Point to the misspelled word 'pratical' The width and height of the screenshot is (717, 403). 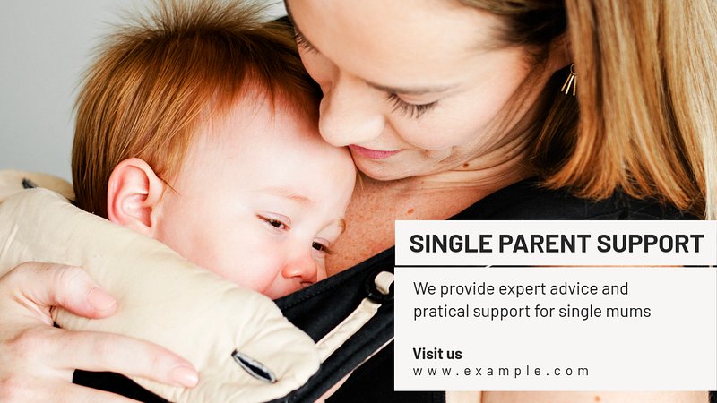pos(441,312)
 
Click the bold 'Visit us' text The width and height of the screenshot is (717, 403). pos(437,354)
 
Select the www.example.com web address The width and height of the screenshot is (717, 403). pos(501,372)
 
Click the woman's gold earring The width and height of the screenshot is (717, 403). pos(569,81)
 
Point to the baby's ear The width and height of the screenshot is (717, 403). pos(133,193)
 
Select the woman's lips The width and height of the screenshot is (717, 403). pos(373,153)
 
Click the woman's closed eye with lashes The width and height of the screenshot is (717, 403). pos(411,106)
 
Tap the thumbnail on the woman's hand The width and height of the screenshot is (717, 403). pos(101,299)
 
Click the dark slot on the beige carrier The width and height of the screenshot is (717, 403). pos(255,366)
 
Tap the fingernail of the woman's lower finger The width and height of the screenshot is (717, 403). pos(185,376)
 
